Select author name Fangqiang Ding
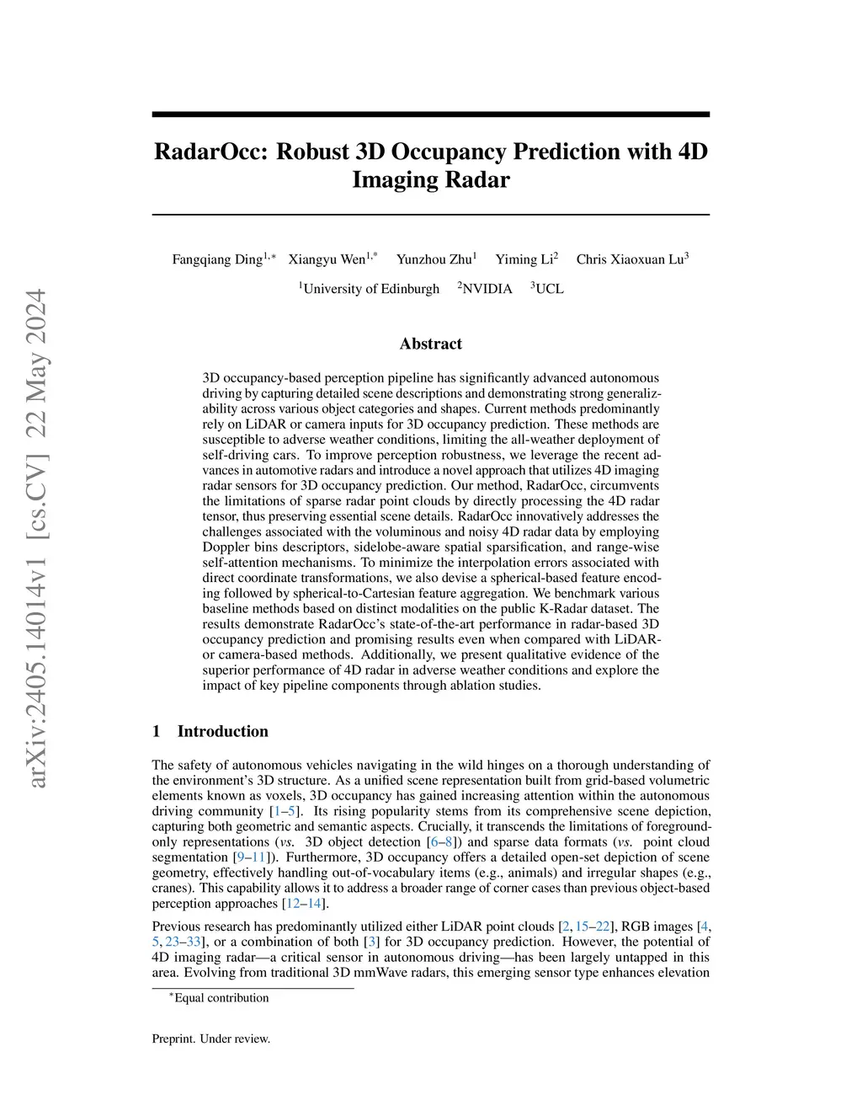coord(217,259)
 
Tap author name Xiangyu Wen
coord(327,259)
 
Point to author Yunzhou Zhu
coord(434,259)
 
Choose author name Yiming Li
coord(524,259)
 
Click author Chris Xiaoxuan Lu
coord(630,259)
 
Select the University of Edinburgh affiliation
coord(370,289)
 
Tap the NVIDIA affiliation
coord(487,289)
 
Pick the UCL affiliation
coord(549,289)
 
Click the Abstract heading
coord(430,344)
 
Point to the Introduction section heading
coord(222,731)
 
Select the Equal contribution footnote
coord(221,998)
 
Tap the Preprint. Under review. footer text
coord(211,1039)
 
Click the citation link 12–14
coord(304,904)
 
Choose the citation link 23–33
coord(183,942)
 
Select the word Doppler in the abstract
coord(226,547)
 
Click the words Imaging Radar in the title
coord(430,180)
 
